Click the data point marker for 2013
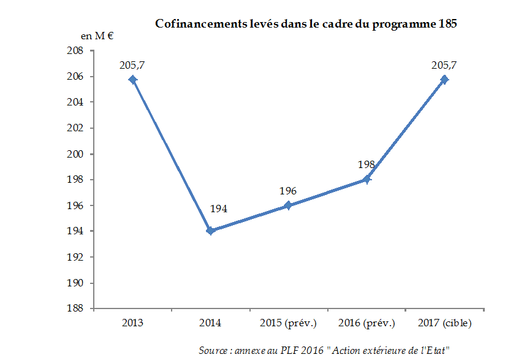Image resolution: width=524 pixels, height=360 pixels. click(132, 80)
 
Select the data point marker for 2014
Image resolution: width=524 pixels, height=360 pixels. click(210, 231)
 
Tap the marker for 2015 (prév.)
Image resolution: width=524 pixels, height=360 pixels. click(288, 205)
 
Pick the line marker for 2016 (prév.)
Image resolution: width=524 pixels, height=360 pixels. click(366, 179)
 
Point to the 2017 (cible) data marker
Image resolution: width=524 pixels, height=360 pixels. click(444, 80)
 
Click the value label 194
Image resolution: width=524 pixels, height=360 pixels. click(219, 209)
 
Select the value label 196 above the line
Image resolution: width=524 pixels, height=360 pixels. click(288, 191)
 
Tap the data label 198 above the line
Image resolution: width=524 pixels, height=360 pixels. click(366, 164)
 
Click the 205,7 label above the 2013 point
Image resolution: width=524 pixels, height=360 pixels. click(132, 64)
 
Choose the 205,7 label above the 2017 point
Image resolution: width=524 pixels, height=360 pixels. click(444, 64)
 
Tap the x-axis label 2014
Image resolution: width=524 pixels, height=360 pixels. click(210, 323)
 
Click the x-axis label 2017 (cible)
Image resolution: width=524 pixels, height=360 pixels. click(444, 323)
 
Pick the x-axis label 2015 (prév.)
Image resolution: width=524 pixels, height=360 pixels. click(288, 323)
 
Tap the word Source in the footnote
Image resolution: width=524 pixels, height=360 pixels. click(212, 350)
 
